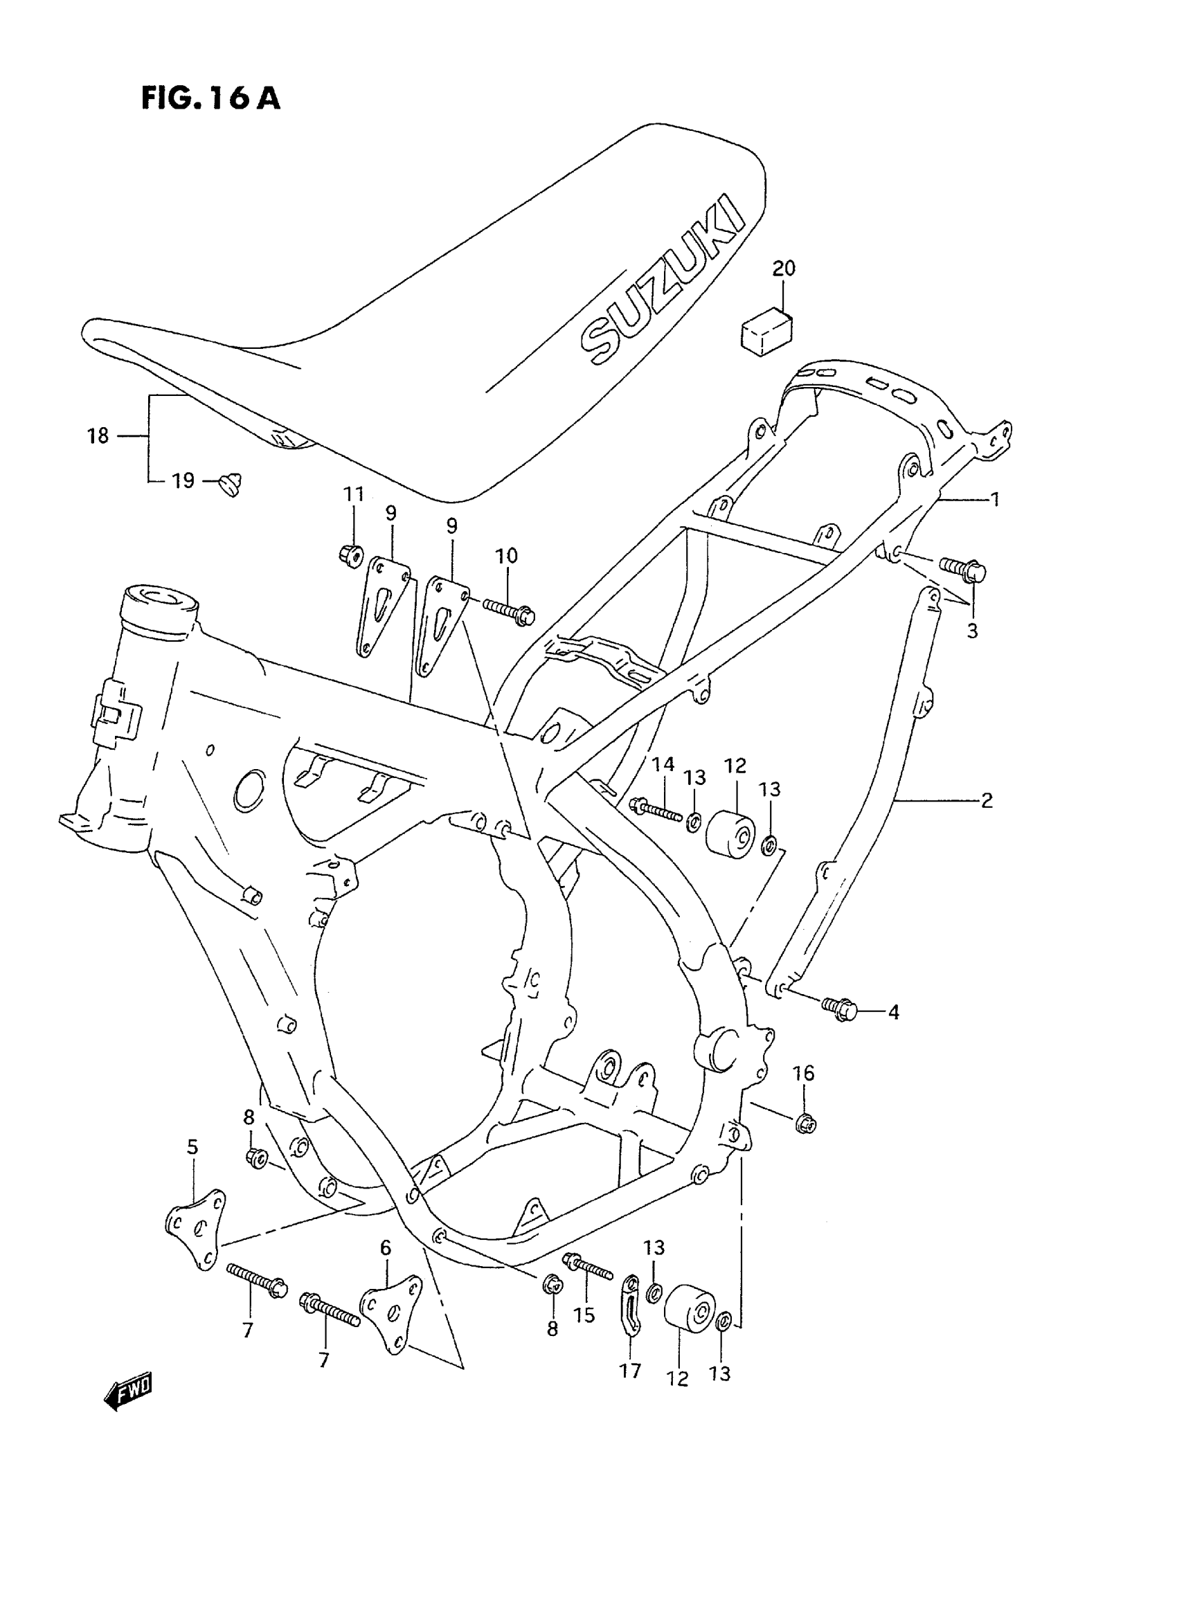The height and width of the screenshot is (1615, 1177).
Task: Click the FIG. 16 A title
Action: (210, 98)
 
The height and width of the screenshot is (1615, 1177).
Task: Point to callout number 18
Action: (98, 435)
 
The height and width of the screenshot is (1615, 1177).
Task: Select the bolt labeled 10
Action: (509, 611)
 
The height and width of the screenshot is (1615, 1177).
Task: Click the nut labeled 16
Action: (805, 1124)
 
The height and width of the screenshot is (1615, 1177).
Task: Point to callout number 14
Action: (663, 764)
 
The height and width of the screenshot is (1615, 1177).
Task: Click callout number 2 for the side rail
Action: (986, 801)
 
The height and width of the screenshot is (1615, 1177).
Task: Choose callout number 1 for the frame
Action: (995, 499)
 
